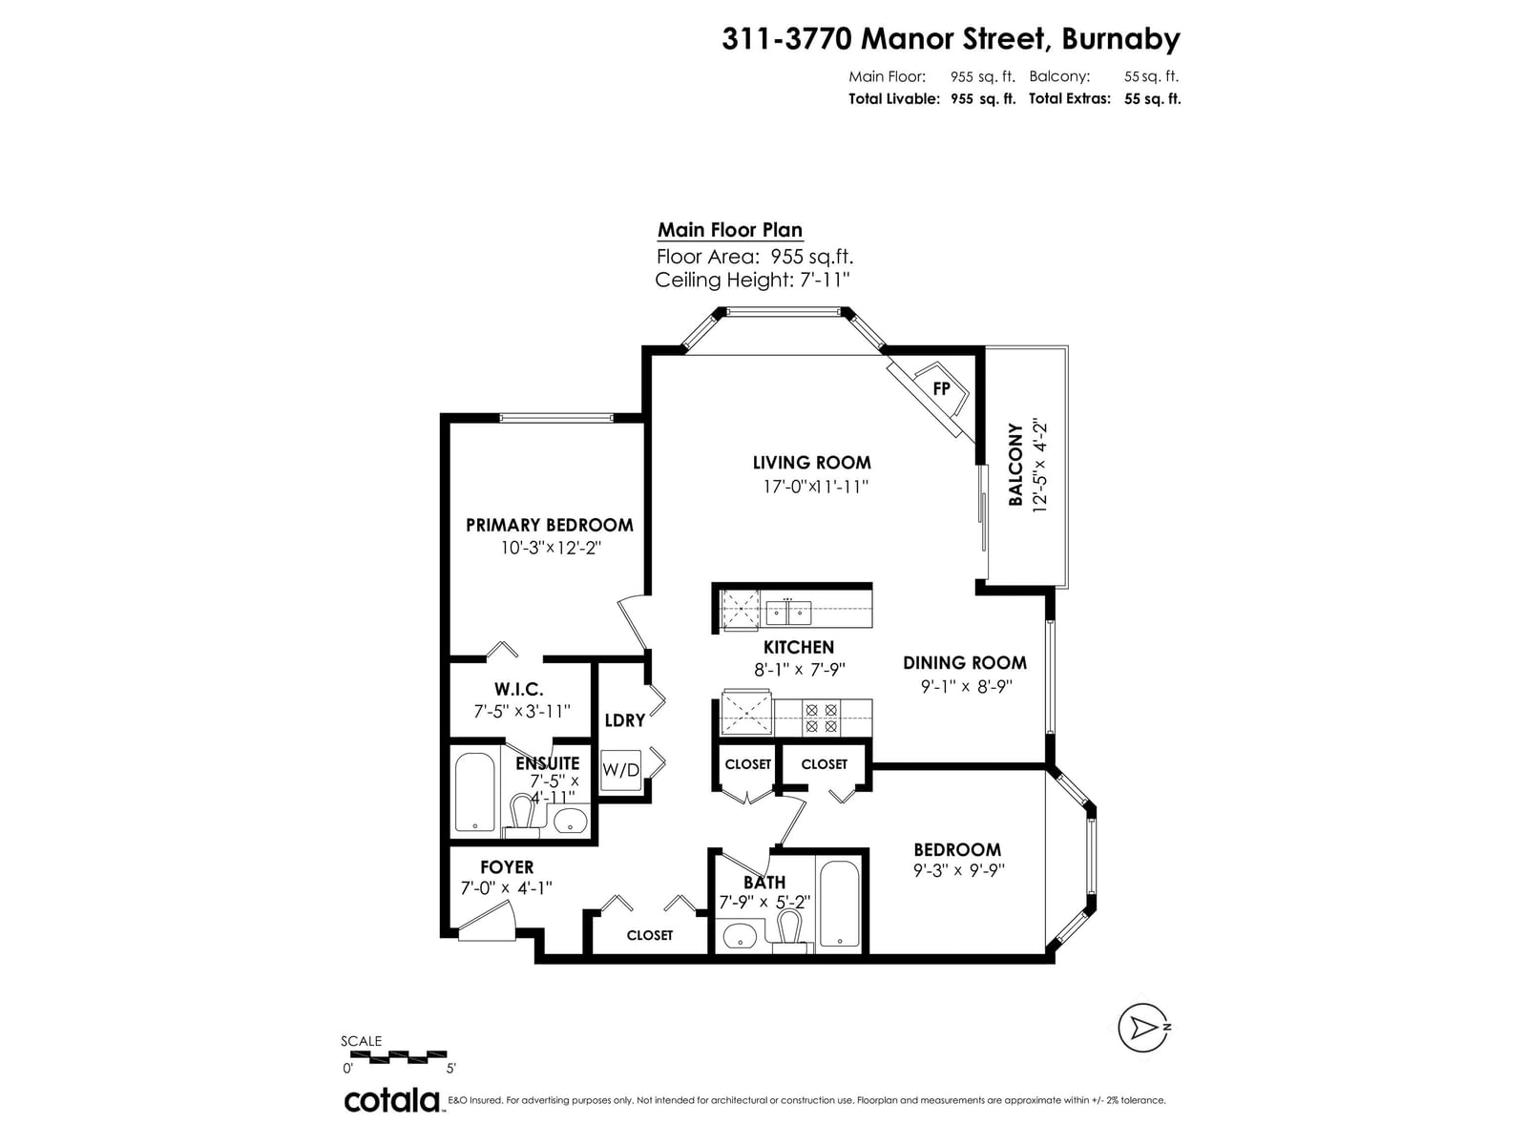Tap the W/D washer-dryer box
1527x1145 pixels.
[x=619, y=770]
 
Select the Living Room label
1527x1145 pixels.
[x=811, y=463]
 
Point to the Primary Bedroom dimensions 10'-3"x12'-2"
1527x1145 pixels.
[x=550, y=549]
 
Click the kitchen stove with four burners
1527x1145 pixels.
[x=821, y=718]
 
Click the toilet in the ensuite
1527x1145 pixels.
[x=521, y=813]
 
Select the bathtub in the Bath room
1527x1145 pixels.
[x=840, y=904]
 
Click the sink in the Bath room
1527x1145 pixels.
[x=740, y=937]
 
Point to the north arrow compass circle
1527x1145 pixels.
[x=1141, y=1028]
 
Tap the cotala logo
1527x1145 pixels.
[x=391, y=1100]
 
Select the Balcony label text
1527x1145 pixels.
[x=1015, y=464]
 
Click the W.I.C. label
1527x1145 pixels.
[x=518, y=689]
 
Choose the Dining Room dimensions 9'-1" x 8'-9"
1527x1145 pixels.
[x=966, y=686]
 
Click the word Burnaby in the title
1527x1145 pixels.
[x=1120, y=40]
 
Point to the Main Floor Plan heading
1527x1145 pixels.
[x=730, y=230]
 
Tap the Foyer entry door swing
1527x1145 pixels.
[x=486, y=919]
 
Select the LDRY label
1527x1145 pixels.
[x=625, y=720]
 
